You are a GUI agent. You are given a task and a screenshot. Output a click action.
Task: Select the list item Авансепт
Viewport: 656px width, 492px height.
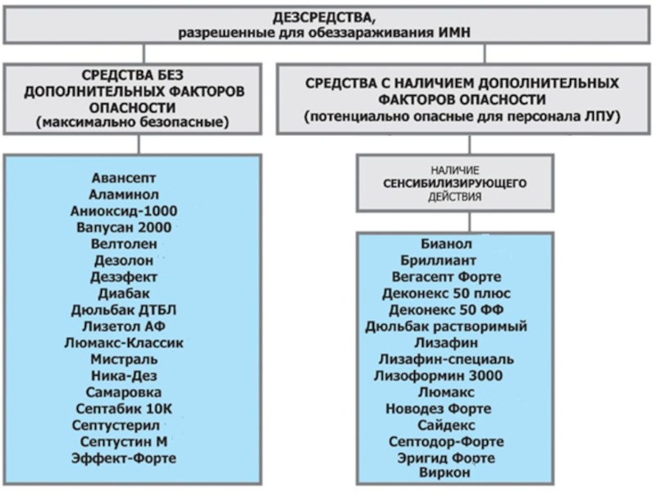tap(124, 178)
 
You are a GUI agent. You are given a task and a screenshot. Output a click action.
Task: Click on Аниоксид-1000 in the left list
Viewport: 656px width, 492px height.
tap(124, 211)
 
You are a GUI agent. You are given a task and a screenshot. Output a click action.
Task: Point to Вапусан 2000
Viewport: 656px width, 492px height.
tap(124, 228)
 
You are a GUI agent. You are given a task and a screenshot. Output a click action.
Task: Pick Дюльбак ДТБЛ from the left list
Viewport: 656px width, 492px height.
tap(124, 310)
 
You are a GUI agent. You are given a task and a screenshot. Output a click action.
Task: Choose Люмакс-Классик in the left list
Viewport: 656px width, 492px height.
tap(124, 343)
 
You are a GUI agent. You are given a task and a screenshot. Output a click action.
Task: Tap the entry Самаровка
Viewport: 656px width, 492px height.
tap(124, 393)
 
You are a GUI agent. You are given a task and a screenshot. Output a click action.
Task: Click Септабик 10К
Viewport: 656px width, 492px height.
tap(124, 408)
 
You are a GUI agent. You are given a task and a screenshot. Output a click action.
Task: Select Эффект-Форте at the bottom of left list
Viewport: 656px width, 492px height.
tap(124, 458)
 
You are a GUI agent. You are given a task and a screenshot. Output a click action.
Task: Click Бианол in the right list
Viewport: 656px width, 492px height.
tap(446, 244)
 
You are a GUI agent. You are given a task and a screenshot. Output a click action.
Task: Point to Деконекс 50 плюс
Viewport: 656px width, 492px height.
tap(446, 294)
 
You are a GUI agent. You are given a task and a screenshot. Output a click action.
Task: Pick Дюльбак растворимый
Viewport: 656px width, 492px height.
tap(446, 326)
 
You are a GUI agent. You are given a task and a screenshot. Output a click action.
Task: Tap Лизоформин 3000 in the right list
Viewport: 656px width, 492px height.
tap(439, 376)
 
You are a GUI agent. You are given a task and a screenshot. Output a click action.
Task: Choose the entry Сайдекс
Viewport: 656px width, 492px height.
tap(446, 425)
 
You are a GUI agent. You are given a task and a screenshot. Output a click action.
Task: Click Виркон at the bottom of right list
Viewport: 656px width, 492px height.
tap(444, 472)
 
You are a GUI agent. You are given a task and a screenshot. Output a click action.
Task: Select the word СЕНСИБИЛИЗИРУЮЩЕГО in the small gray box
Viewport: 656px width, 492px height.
tap(455, 183)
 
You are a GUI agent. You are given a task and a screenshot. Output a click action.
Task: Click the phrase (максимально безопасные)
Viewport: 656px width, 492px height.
tap(133, 122)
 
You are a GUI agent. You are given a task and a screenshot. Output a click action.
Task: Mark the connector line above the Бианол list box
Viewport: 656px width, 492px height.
tap(470, 221)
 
